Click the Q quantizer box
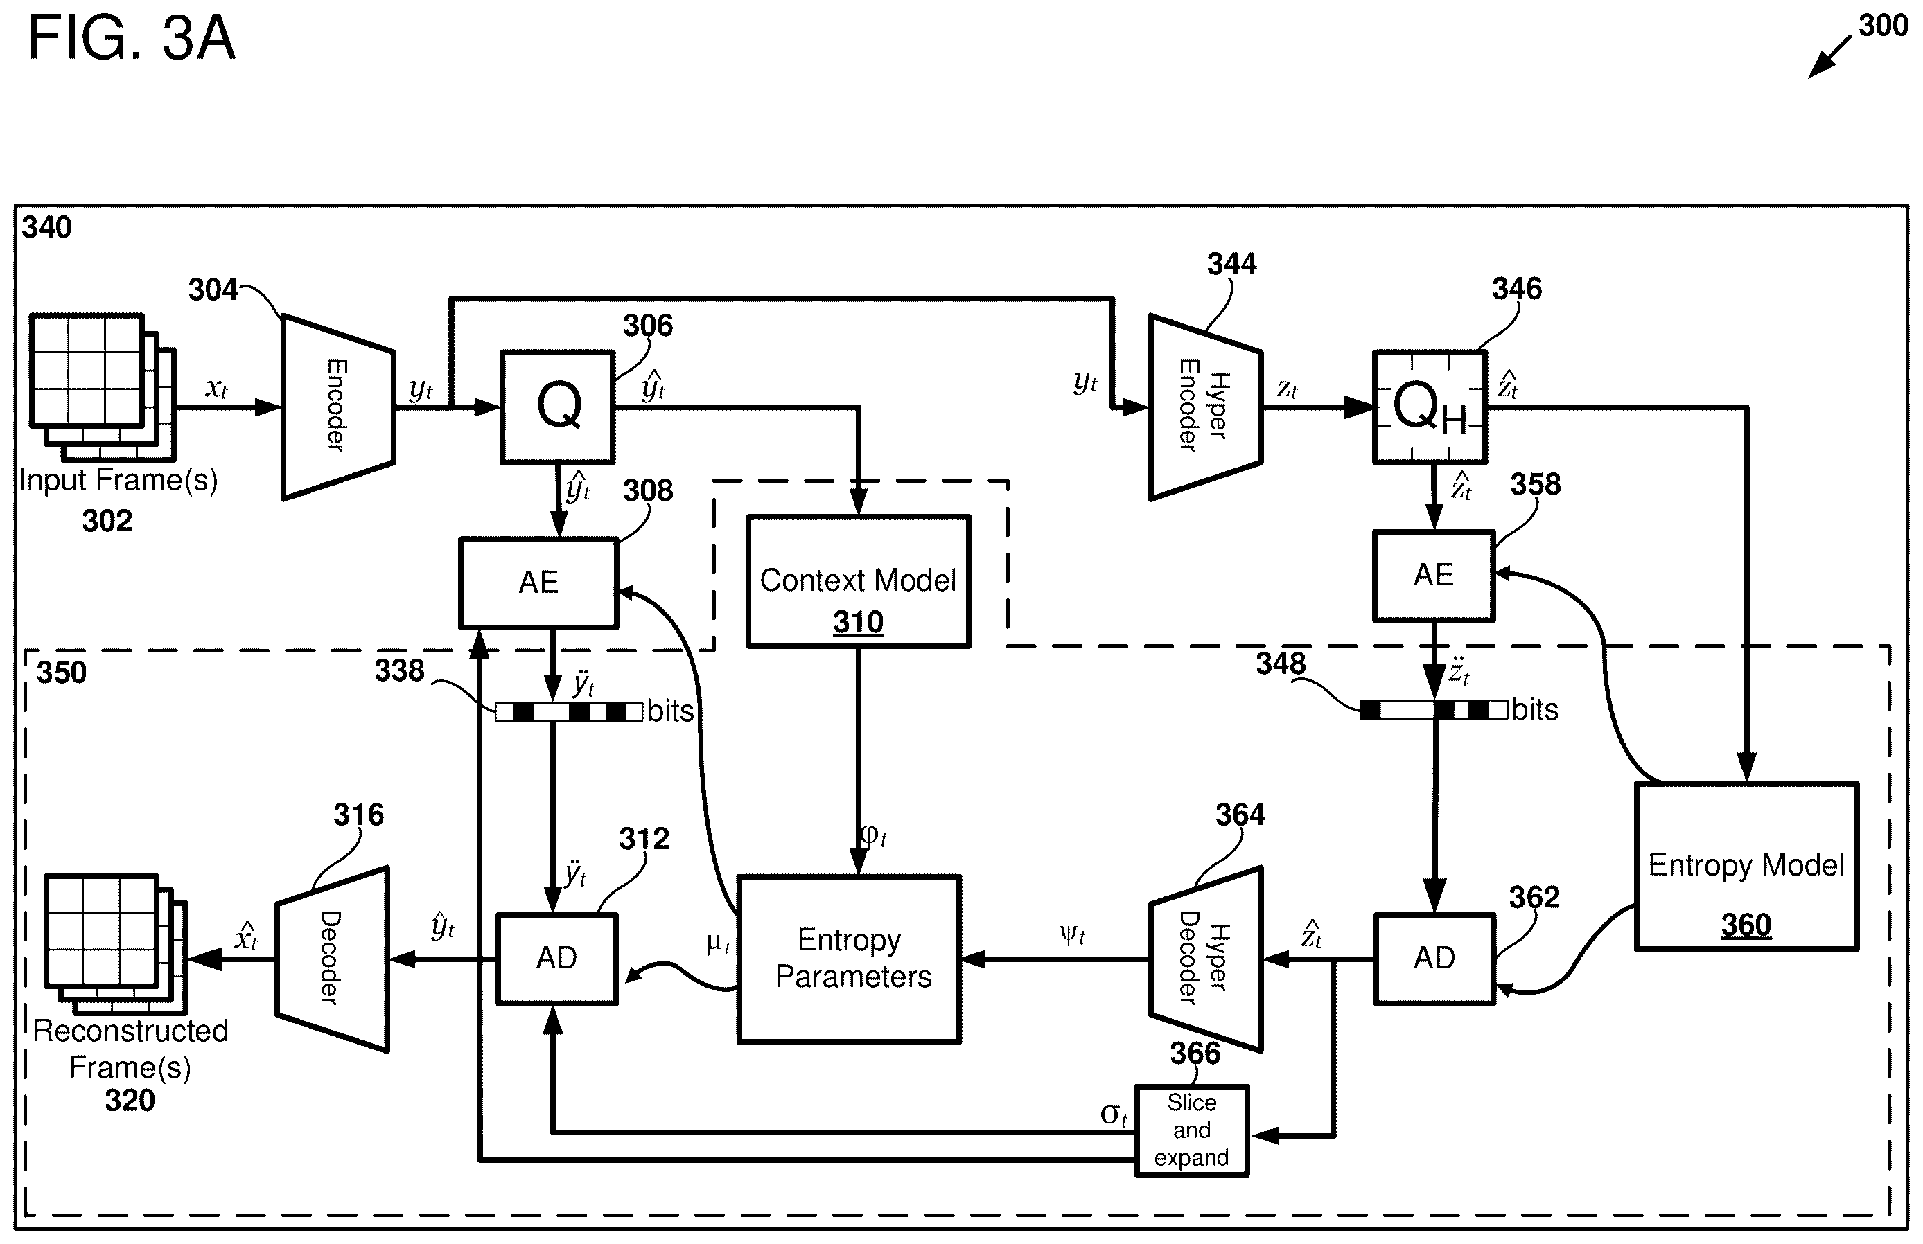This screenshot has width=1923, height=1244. pyautogui.click(x=558, y=407)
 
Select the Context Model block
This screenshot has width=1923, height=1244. pyautogui.click(x=858, y=582)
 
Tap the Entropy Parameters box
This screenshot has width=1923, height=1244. pyautogui.click(x=849, y=959)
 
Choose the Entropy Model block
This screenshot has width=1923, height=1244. pyautogui.click(x=1747, y=866)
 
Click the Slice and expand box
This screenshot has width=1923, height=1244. pyautogui.click(x=1192, y=1130)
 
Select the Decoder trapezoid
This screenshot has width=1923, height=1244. pyautogui.click(x=332, y=959)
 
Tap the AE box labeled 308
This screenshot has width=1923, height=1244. pyautogui.click(x=539, y=583)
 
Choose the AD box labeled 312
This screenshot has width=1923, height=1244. pyautogui.click(x=556, y=959)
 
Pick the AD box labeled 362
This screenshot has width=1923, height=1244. pyautogui.click(x=1435, y=959)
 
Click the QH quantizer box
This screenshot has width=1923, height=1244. pyautogui.click(x=1430, y=407)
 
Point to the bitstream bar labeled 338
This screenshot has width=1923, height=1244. pyautogui.click(x=570, y=711)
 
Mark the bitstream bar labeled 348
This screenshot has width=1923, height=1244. pyautogui.click(x=1433, y=710)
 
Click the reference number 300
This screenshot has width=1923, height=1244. pyautogui.click(x=1883, y=26)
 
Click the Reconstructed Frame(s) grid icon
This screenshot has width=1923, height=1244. pyautogui.click(x=116, y=944)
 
